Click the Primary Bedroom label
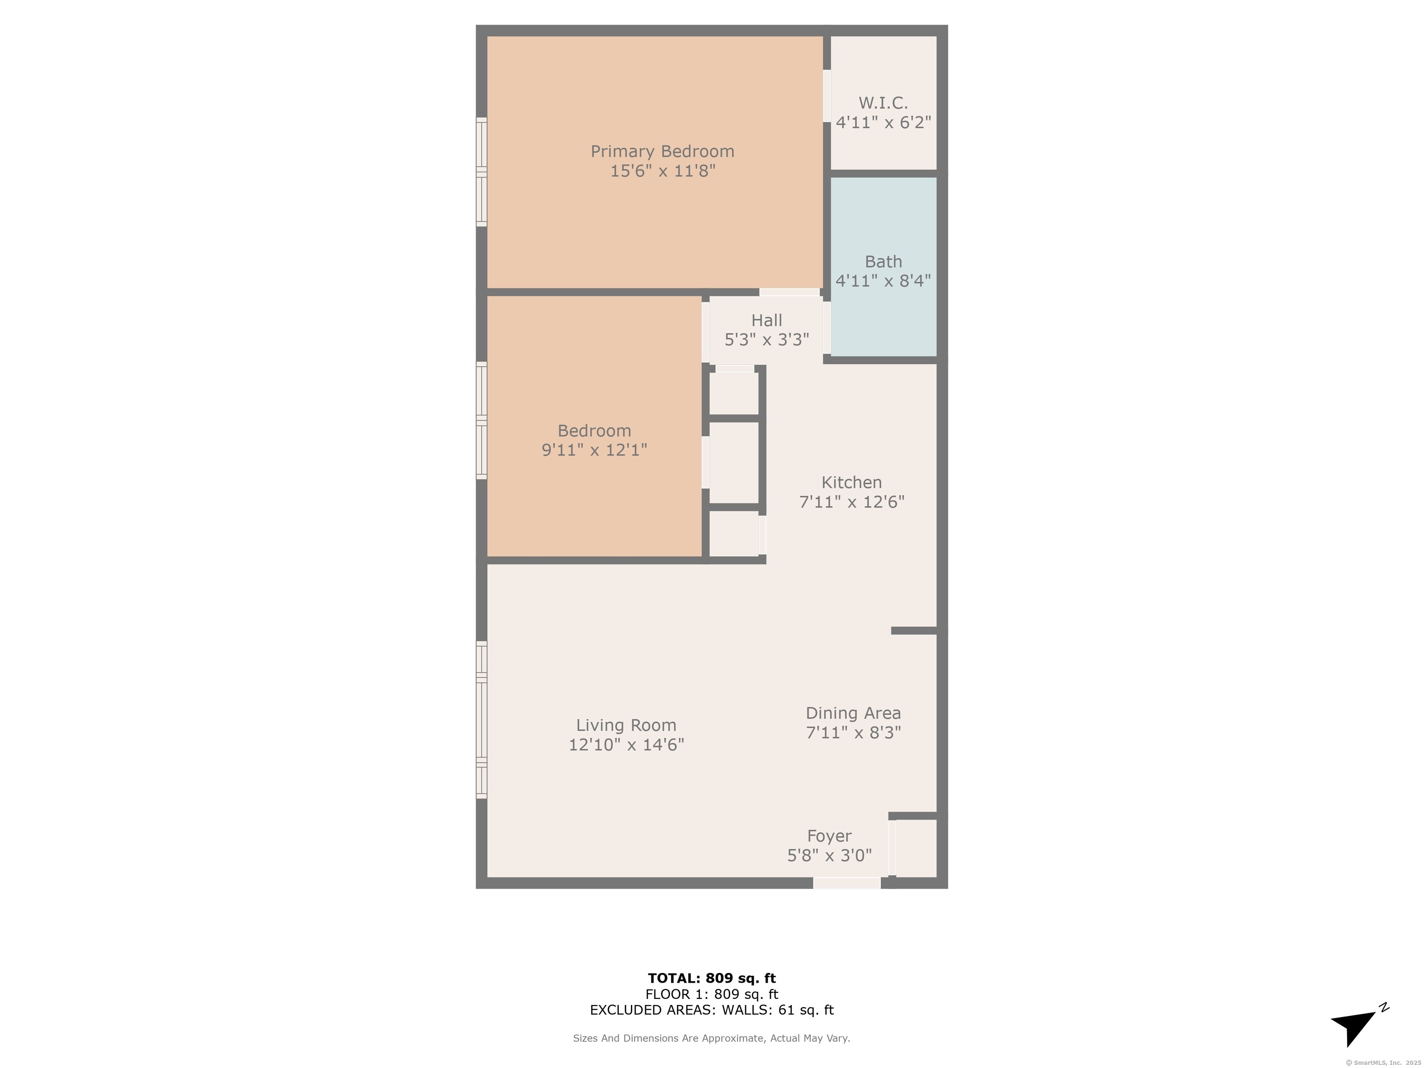coord(662,151)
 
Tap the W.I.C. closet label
coord(883,103)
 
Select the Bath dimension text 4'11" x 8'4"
coord(883,281)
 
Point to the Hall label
coord(767,320)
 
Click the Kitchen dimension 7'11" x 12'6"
coord(852,502)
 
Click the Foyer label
coord(829,836)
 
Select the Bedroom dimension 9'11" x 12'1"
coord(594,449)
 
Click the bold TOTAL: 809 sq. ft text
coord(712,979)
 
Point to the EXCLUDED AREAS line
coord(712,1010)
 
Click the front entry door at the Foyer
coord(846,883)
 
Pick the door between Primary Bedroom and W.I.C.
coord(827,95)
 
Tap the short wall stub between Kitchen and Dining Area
coord(914,631)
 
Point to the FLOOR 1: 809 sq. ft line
coord(712,994)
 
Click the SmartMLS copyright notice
coord(1384,1062)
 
